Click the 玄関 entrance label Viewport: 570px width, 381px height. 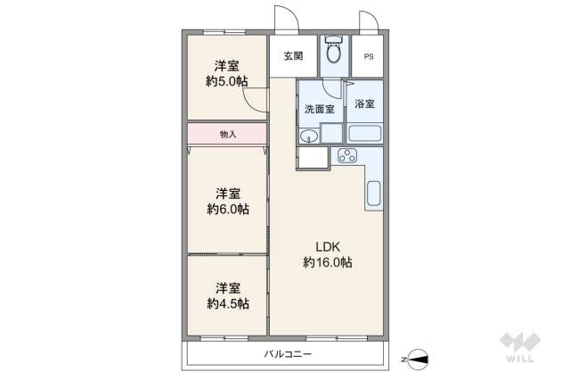pos(293,55)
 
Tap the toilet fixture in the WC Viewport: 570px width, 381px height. pos(334,53)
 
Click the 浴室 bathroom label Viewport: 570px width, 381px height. pos(365,104)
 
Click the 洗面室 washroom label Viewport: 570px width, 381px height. pos(319,109)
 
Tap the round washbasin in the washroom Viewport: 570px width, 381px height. pos(308,136)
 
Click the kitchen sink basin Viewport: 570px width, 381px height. pos(374,193)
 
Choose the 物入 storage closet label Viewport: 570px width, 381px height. pos(227,134)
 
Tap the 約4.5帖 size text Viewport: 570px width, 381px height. pos(227,303)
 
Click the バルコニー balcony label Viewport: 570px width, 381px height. pos(287,354)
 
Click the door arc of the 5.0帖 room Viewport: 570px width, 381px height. pos(256,100)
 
